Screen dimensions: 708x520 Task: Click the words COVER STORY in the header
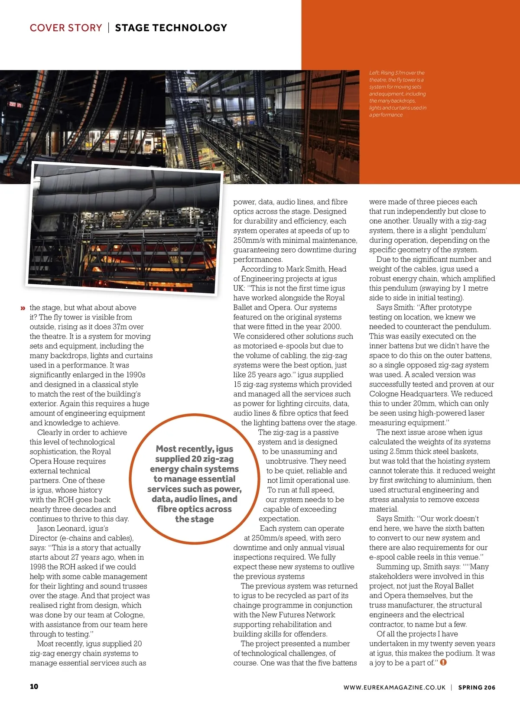(66, 28)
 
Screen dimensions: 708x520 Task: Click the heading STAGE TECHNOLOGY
(171, 28)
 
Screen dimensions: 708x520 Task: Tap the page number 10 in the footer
(34, 686)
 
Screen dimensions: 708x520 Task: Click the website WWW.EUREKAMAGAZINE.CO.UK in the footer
(394, 687)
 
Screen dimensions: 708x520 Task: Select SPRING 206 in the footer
(477, 687)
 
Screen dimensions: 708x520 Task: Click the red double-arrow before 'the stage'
(23, 308)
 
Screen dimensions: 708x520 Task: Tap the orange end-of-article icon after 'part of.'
(443, 663)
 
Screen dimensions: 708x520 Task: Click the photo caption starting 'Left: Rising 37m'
(397, 94)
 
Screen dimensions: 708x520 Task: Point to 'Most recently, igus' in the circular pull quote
(194, 449)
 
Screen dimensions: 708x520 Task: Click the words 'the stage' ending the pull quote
(194, 519)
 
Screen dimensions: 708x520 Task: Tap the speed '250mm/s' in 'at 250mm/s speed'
(265, 538)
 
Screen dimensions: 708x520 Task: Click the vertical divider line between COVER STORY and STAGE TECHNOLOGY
(109, 28)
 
